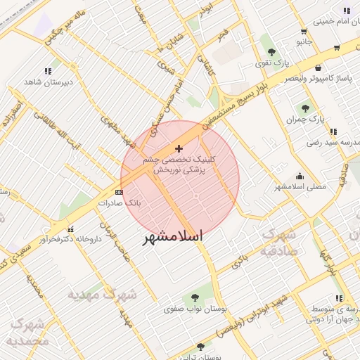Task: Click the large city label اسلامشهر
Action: pyautogui.click(x=173, y=236)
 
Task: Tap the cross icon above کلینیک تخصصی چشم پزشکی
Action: pyautogui.click(x=179, y=148)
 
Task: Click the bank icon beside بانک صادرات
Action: pyautogui.click(x=119, y=191)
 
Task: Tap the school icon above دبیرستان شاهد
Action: pyautogui.click(x=48, y=71)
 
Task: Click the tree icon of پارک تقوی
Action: pyautogui.click(x=271, y=52)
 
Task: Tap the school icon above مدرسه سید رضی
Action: pyautogui.click(x=333, y=131)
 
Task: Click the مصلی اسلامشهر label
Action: pyautogui.click(x=300, y=187)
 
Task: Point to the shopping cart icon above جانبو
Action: pyautogui.click(x=303, y=32)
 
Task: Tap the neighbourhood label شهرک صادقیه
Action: pyautogui.click(x=279, y=243)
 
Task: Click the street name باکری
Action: pyautogui.click(x=240, y=262)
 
